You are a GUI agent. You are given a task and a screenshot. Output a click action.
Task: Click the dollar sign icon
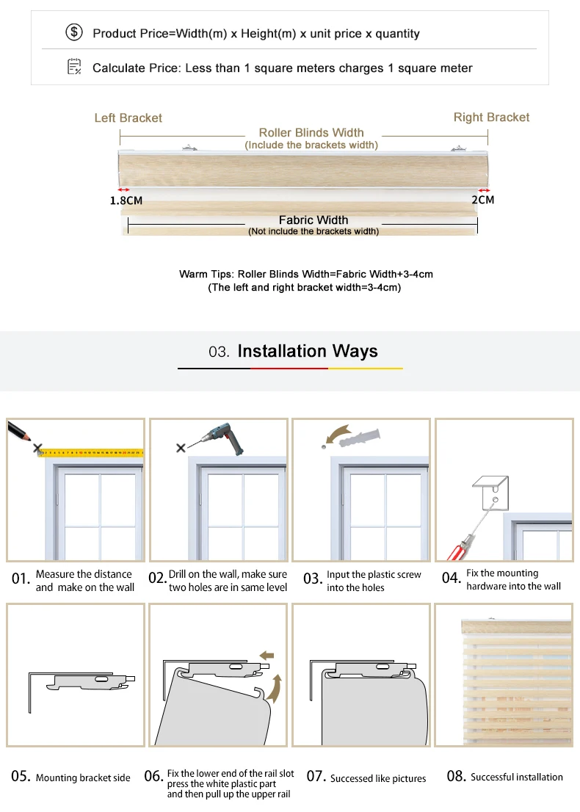tap(74, 33)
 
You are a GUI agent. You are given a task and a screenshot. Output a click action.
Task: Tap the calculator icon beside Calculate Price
tap(74, 68)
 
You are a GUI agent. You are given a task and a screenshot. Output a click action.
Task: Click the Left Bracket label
tap(128, 117)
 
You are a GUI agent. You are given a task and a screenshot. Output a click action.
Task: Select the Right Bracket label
tap(491, 117)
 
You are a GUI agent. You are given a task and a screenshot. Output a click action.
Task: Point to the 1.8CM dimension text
tap(126, 200)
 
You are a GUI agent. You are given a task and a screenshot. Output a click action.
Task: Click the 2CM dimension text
tap(482, 200)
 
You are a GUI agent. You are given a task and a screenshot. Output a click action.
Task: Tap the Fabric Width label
tap(313, 220)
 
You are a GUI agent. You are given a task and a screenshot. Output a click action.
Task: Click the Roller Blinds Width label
tap(311, 133)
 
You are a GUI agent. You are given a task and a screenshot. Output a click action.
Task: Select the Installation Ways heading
tap(308, 351)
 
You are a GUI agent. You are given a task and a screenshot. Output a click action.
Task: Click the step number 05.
tap(20, 776)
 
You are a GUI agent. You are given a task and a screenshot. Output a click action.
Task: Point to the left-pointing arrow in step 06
tap(267, 654)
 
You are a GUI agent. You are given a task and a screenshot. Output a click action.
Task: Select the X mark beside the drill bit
tap(181, 448)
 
